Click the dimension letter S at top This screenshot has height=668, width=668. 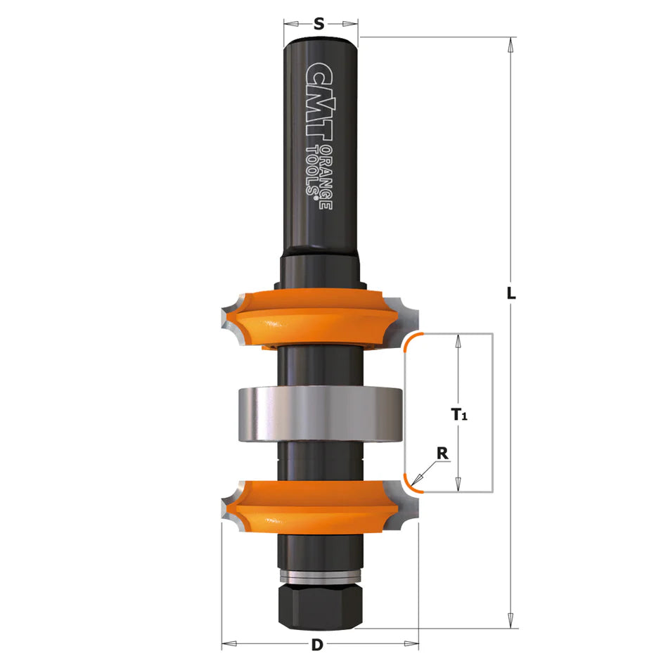[319, 24]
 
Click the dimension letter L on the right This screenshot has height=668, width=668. [510, 293]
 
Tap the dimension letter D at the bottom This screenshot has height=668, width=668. [317, 645]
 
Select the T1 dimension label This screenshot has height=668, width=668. [459, 414]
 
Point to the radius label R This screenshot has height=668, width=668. [442, 454]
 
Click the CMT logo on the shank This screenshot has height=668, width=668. [319, 101]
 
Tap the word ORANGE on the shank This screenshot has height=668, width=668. [326, 176]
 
